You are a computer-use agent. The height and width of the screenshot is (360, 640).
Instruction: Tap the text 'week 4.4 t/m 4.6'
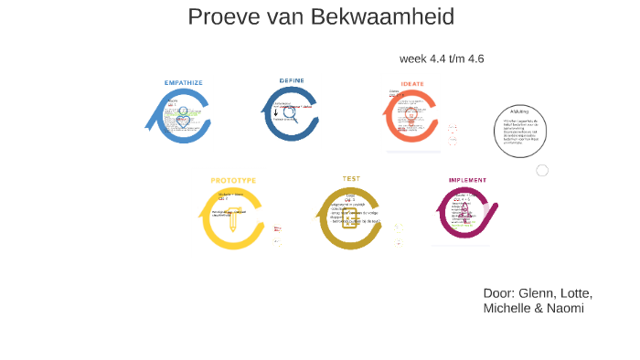tap(442, 58)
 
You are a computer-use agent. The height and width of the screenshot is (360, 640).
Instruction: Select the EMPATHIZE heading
tap(184, 82)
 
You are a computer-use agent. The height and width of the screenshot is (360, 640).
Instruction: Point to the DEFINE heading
tap(292, 80)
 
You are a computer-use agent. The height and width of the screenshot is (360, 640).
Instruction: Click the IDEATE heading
tap(412, 83)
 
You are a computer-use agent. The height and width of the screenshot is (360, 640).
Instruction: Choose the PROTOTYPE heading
tap(233, 180)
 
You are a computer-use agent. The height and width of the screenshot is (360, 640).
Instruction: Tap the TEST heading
tap(351, 178)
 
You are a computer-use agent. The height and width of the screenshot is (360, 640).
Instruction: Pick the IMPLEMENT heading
tap(467, 180)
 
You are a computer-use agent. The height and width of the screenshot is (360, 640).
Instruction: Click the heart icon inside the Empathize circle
tap(184, 121)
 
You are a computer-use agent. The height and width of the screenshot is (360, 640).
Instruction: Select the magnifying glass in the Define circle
tap(291, 114)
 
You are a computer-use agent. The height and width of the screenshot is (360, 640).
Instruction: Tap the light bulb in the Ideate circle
tap(411, 117)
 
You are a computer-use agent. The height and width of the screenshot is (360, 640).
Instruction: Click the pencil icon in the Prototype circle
tap(233, 219)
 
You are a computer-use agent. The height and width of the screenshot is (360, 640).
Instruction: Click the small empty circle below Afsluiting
tap(542, 170)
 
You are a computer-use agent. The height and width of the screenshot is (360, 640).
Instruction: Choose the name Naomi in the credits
tap(566, 309)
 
